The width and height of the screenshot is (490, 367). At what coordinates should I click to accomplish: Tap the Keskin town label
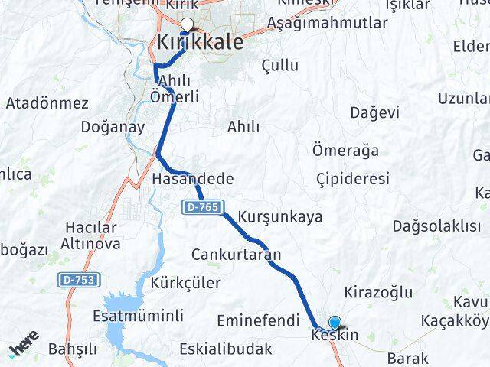pos(335,335)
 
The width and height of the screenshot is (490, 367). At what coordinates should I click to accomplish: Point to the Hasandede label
pos(192,179)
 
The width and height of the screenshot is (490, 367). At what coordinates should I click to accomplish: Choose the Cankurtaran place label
pos(236,255)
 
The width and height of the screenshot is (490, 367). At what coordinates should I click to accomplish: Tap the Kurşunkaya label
pos(279,216)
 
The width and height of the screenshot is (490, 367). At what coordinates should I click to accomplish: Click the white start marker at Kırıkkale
pos(187,24)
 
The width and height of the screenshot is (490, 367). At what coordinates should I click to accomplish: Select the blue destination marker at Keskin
pos(335,323)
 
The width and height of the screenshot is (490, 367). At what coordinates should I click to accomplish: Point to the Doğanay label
pos(112,127)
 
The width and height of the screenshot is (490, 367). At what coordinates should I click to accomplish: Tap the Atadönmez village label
pos(47,103)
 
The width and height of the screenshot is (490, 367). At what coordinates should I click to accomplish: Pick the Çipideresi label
pos(353,179)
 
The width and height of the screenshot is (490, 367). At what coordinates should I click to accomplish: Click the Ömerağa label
pos(346,150)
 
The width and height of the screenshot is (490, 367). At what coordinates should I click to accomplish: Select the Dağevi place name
pos(374,112)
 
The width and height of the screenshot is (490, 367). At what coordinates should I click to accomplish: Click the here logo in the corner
pos(24,348)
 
